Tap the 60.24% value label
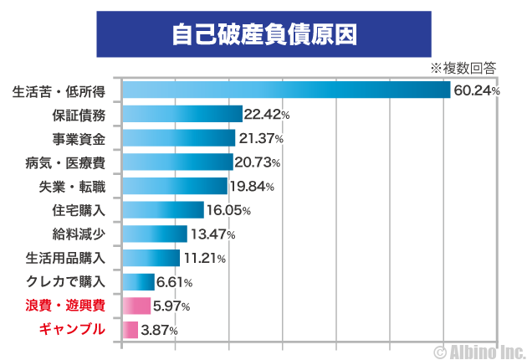(x=476, y=90)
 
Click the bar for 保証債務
(x=182, y=114)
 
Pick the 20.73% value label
(x=257, y=162)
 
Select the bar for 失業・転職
(x=175, y=186)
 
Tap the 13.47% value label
(x=212, y=234)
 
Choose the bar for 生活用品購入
(x=151, y=258)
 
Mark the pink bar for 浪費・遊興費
(x=136, y=306)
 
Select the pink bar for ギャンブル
(x=130, y=330)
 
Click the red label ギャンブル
(x=73, y=330)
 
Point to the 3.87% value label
(x=159, y=331)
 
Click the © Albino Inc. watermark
(x=478, y=349)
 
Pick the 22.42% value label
(x=267, y=115)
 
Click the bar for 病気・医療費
(x=177, y=162)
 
